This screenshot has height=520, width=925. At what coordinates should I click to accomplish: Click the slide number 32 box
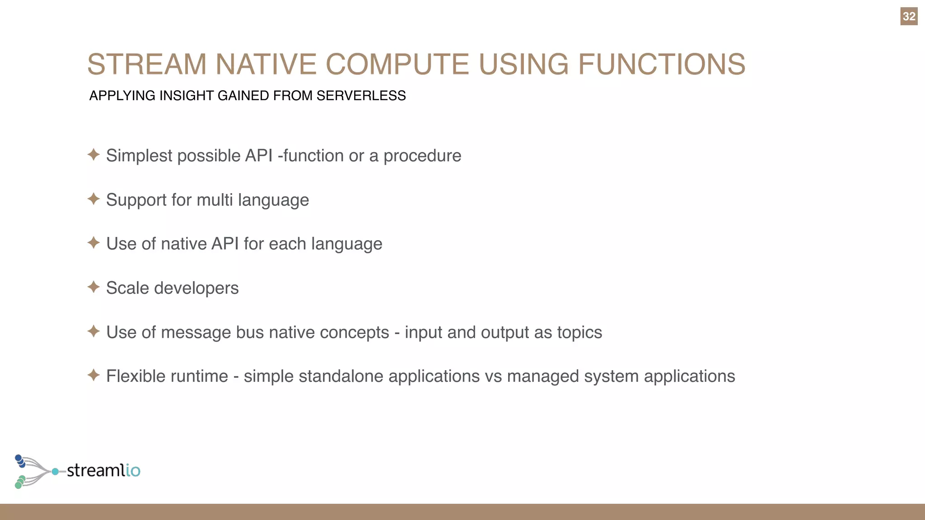coord(909,17)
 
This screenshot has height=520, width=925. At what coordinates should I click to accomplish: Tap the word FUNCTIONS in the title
coord(662,64)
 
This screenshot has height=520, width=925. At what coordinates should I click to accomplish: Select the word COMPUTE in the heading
coord(397,64)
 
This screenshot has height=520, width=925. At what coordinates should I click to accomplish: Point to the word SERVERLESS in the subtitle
coord(361,96)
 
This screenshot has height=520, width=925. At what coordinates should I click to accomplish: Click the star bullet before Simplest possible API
coord(93,155)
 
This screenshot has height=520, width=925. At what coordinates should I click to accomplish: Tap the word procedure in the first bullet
coord(422,156)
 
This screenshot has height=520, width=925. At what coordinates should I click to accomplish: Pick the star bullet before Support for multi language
coord(93,199)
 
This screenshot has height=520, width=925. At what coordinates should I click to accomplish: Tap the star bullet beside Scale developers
coord(93,287)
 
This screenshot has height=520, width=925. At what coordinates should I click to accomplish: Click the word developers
coord(196,288)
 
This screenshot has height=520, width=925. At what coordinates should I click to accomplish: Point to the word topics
coord(579,333)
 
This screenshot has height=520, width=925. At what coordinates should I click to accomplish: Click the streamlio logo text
coord(103,470)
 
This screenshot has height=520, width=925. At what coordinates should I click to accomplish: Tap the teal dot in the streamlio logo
coord(55,472)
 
